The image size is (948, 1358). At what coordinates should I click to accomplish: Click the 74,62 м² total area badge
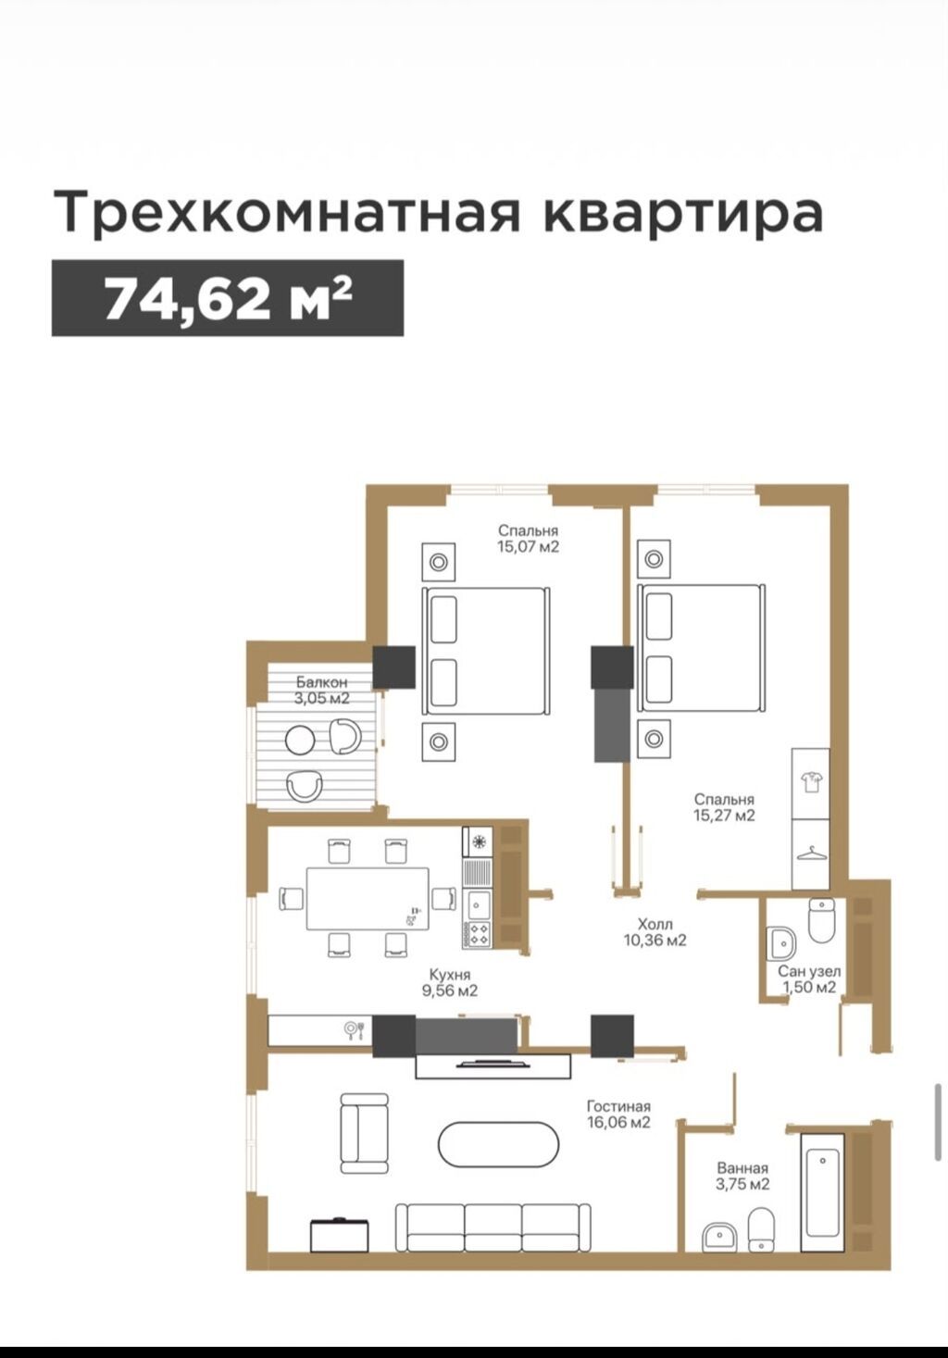(228, 298)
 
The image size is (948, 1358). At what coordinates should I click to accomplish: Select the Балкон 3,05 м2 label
(322, 690)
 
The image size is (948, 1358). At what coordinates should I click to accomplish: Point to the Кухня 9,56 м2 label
(450, 983)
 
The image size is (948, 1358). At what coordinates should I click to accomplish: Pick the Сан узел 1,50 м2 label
(809, 979)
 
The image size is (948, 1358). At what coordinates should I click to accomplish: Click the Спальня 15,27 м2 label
(724, 807)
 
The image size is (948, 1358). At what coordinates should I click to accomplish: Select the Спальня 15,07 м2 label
(528, 539)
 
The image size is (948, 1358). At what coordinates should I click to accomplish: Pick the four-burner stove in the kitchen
(478, 934)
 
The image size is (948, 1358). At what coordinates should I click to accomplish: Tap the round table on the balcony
(300, 741)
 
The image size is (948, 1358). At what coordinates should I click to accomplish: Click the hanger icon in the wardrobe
(811, 854)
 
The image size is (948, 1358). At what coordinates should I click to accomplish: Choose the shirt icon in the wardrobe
(810, 781)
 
